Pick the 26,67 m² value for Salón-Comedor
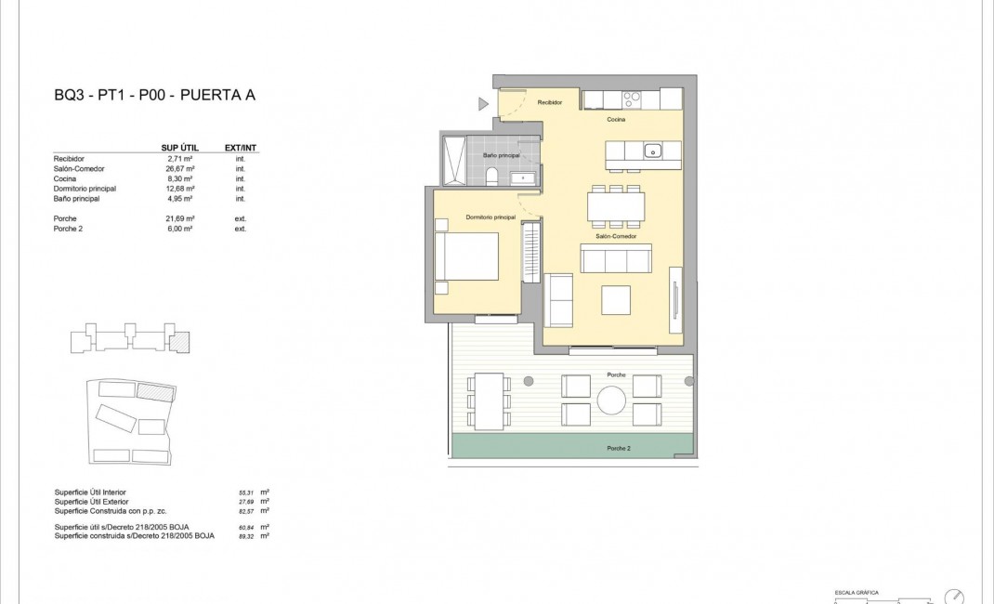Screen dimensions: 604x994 [179, 169]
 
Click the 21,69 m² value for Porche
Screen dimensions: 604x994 [179, 218]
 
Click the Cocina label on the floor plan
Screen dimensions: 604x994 [616, 120]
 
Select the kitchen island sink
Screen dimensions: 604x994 [653, 151]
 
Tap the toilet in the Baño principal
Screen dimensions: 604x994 [493, 176]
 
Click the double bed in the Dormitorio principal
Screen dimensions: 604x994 [467, 256]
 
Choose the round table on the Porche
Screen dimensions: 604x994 [611, 400]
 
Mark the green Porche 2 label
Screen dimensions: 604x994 [619, 448]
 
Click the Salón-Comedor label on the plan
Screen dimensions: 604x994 [613, 236]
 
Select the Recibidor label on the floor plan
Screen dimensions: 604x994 [550, 102]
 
